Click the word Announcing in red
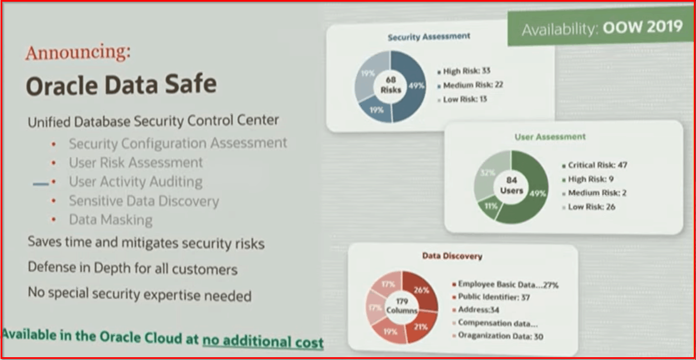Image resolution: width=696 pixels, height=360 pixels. point(78,53)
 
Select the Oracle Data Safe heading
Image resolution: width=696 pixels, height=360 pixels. point(121,85)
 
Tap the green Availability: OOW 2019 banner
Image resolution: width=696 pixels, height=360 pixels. point(602,28)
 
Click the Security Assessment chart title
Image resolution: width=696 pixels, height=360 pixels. point(429,37)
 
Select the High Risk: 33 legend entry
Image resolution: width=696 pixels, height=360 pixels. point(464,71)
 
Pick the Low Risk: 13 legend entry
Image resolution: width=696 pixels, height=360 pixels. point(462,99)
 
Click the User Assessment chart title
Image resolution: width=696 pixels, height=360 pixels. point(550,136)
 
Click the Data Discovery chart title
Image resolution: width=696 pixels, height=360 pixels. point(452,256)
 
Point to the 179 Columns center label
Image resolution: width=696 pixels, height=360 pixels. point(402,306)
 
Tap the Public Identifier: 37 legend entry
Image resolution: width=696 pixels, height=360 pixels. point(494,298)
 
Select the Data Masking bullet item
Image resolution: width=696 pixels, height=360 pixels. point(110,220)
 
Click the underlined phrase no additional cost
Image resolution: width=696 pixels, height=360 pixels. point(263,341)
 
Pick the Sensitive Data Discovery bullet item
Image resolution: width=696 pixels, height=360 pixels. point(143,200)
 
